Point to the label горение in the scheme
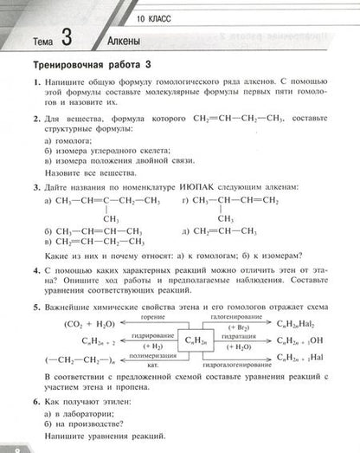(x=153, y=317)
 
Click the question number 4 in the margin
(x=27, y=270)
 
